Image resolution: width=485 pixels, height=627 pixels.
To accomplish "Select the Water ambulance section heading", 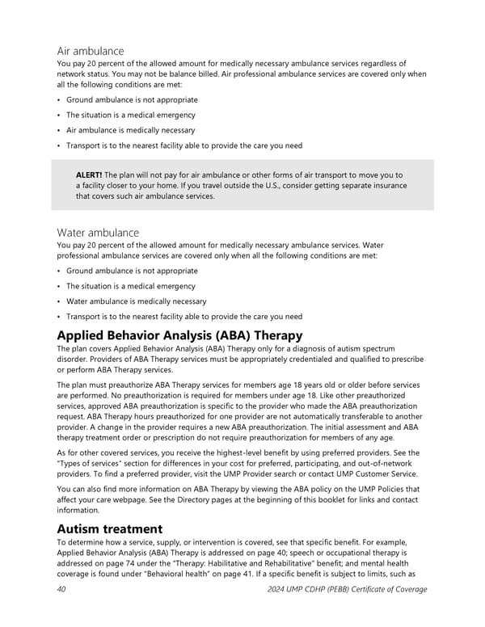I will point(93,233).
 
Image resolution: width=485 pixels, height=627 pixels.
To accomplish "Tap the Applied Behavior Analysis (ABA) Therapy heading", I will point(179,335).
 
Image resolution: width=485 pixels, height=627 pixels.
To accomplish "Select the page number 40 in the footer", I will point(61,589).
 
